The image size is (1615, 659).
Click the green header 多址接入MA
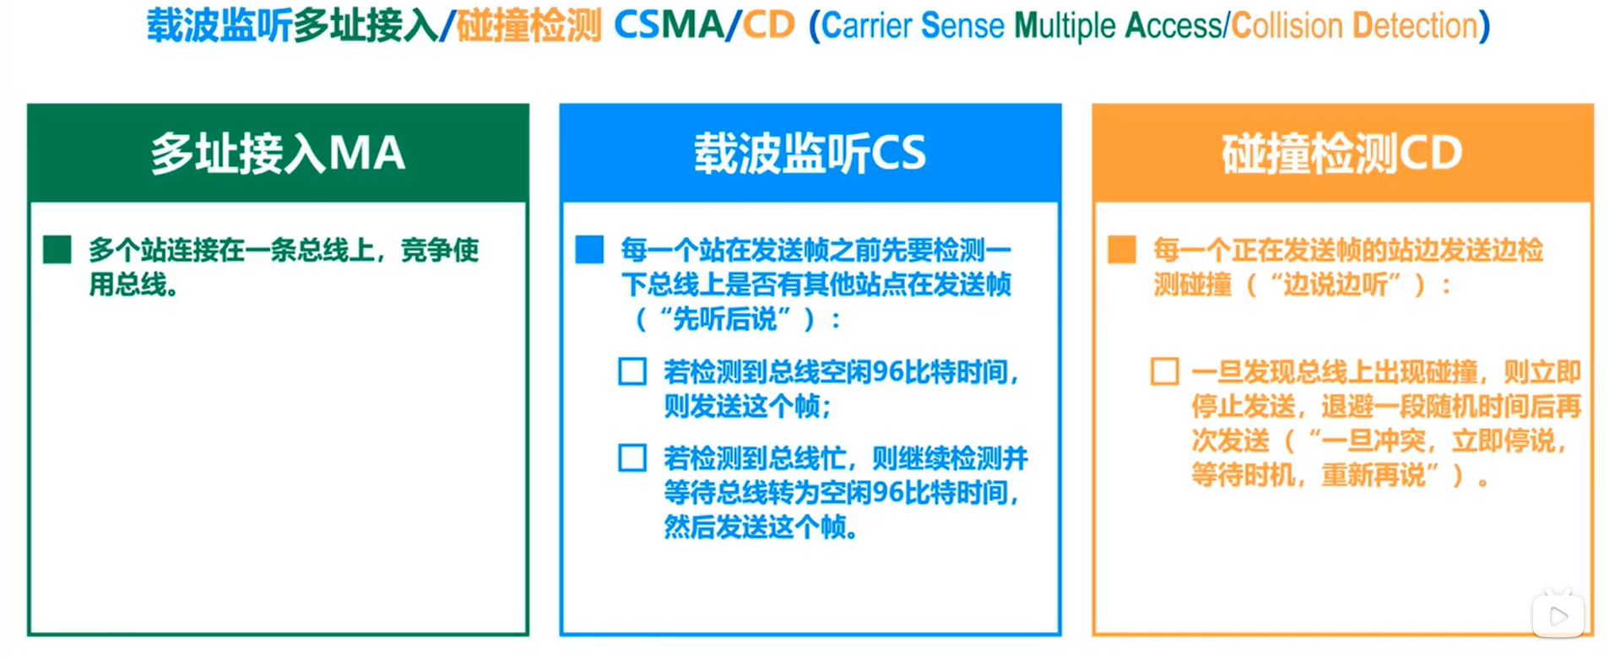[278, 153]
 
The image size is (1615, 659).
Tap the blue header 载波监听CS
[810, 153]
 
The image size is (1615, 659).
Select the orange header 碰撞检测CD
[1341, 153]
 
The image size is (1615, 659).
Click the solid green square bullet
[57, 250]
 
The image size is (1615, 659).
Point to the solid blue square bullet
[589, 250]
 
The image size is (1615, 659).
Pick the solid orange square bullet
[1121, 250]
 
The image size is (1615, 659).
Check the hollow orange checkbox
[1165, 371]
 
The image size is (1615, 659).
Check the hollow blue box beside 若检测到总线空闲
[632, 371]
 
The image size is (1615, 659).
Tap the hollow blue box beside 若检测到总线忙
[632, 458]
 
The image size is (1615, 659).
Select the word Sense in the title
[963, 26]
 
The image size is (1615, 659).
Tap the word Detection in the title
[1415, 26]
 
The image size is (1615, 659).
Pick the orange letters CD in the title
[768, 25]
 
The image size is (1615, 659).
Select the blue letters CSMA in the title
[669, 25]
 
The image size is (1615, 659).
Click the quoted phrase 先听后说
[725, 319]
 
